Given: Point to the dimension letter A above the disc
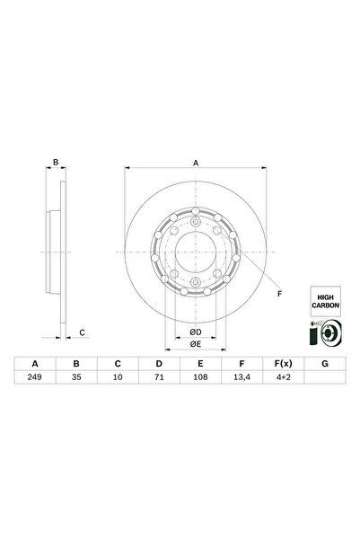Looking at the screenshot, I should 196,163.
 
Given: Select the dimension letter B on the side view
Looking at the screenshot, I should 56,163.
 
